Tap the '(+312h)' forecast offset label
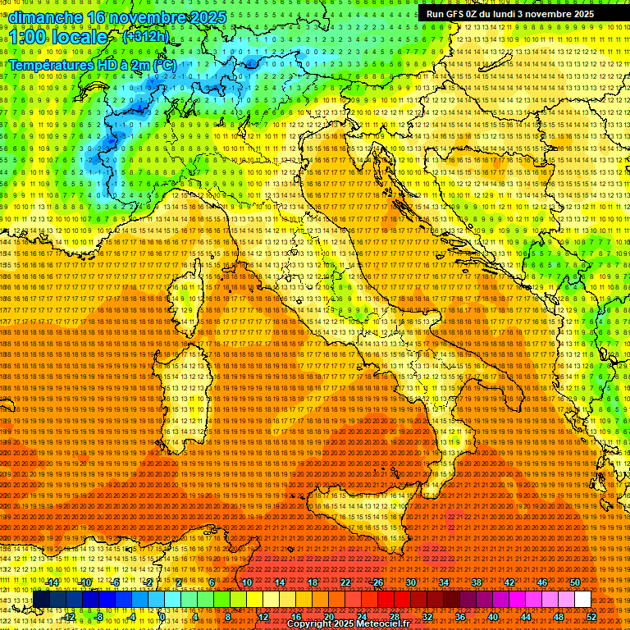pos(145,36)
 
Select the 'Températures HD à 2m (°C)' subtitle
pos(92,63)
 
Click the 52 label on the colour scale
pos(591,617)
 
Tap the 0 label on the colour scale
pos(162,617)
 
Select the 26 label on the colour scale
pos(378,582)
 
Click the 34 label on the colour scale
pos(444,582)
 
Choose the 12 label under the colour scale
pos(263,617)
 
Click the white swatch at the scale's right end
pos(582,600)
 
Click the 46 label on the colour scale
pos(541,582)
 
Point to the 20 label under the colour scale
pos(329,617)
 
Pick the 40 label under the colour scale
pos(493,617)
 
